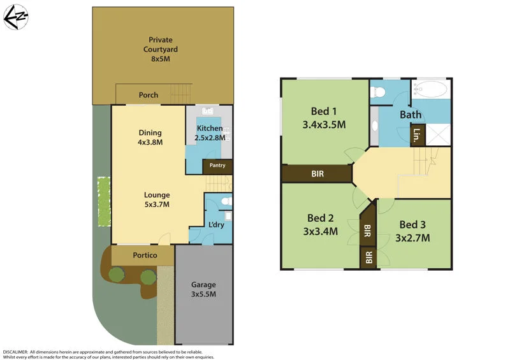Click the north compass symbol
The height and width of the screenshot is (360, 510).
point(15,17)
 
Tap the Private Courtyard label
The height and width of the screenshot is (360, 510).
point(160,49)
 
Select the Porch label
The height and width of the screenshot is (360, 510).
point(149,96)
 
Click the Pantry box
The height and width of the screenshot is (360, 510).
point(217,166)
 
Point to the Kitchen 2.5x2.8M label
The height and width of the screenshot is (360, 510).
point(209,133)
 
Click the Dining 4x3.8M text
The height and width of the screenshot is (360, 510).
point(150,138)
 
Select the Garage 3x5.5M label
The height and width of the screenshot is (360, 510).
point(204,289)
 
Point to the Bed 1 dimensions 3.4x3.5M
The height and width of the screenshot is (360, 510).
point(324,125)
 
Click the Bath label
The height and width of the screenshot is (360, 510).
point(411,115)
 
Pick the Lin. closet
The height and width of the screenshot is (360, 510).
point(417,135)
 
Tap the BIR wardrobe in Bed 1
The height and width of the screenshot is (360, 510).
point(317,173)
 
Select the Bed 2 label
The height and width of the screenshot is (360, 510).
point(319,218)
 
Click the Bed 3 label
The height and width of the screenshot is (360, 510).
point(412,224)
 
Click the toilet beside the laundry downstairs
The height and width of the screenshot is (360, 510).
point(224,201)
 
